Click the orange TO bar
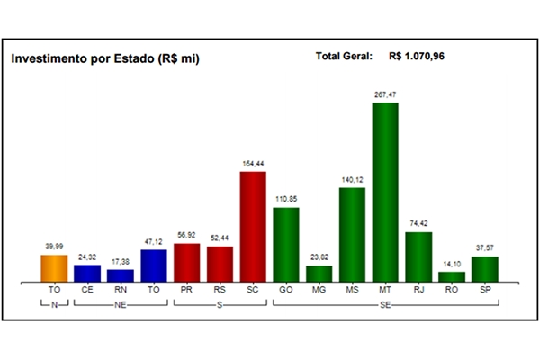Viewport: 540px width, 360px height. point(54,268)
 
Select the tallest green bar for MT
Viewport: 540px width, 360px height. point(385,192)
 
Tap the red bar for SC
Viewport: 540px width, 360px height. point(253,226)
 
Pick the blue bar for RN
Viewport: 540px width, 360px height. point(121,275)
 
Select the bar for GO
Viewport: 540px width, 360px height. point(286,244)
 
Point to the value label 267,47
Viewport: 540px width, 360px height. point(385,94)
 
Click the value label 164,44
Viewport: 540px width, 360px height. point(253,163)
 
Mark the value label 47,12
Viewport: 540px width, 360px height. point(154,242)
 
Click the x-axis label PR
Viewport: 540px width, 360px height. point(186,291)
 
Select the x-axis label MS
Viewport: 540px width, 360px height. point(352,291)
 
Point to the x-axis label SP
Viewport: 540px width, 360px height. point(485,291)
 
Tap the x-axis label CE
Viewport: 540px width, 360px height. point(87,291)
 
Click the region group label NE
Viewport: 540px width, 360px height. point(121,306)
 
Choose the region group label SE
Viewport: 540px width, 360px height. point(385,306)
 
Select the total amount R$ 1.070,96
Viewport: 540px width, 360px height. point(418,57)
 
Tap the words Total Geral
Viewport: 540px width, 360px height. point(345,57)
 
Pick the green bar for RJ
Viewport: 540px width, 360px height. point(418,256)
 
